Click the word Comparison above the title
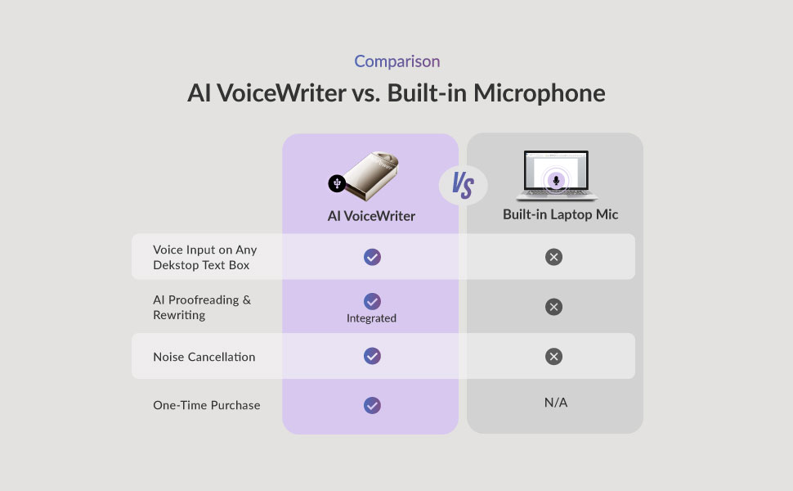point(396,61)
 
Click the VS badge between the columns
point(463,186)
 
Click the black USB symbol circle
point(337,183)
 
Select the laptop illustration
point(556,175)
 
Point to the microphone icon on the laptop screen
point(556,178)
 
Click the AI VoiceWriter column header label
point(371,216)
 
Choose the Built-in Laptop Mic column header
point(560,215)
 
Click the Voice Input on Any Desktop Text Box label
point(205,257)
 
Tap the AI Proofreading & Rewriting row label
point(202,307)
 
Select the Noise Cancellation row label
point(204,357)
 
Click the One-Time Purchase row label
point(207,405)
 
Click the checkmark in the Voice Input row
point(372,257)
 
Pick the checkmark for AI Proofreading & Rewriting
point(372,301)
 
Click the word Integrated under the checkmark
point(371,318)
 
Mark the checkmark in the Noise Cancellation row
point(372,356)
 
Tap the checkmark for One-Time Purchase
point(372,405)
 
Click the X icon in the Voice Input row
point(553,257)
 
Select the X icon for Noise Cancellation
point(553,356)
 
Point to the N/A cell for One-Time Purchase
point(556,403)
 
